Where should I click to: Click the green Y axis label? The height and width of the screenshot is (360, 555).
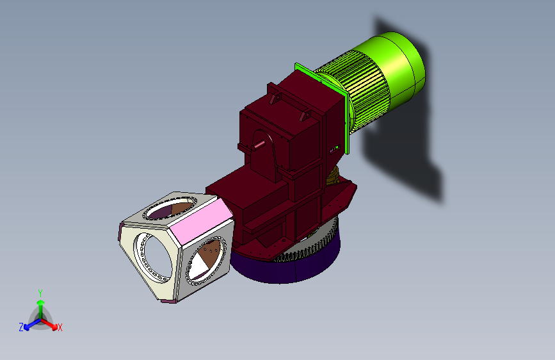click(40, 293)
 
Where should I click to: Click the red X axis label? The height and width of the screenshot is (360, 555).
click(60, 327)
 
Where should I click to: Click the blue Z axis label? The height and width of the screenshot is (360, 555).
click(21, 327)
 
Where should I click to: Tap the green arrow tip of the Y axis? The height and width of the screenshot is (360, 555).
click(41, 302)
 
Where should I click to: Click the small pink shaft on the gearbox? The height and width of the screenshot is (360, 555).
click(259, 145)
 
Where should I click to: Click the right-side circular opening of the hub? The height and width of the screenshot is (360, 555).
click(206, 261)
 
